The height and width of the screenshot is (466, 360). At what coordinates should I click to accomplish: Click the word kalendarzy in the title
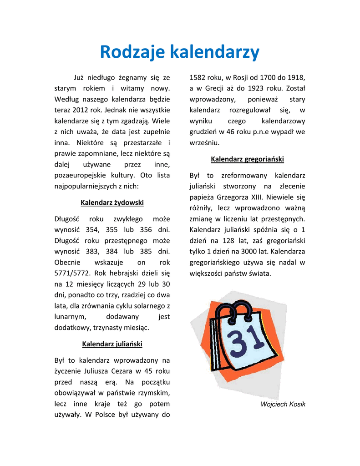tap(215, 52)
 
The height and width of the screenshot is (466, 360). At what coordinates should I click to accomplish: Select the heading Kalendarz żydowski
tap(112, 203)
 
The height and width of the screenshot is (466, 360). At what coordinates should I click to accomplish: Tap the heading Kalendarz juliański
tap(112, 344)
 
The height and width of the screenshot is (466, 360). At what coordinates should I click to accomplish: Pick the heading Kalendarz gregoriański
tap(247, 159)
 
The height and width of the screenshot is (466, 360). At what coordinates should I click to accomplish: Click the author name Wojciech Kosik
tap(283, 404)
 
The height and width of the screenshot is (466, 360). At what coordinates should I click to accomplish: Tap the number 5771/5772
tap(72, 273)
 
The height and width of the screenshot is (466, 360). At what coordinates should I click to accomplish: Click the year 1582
tap(198, 77)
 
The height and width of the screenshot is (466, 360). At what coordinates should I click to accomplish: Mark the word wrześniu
tap(204, 142)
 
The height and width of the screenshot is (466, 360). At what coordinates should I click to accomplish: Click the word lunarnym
tap(69, 317)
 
